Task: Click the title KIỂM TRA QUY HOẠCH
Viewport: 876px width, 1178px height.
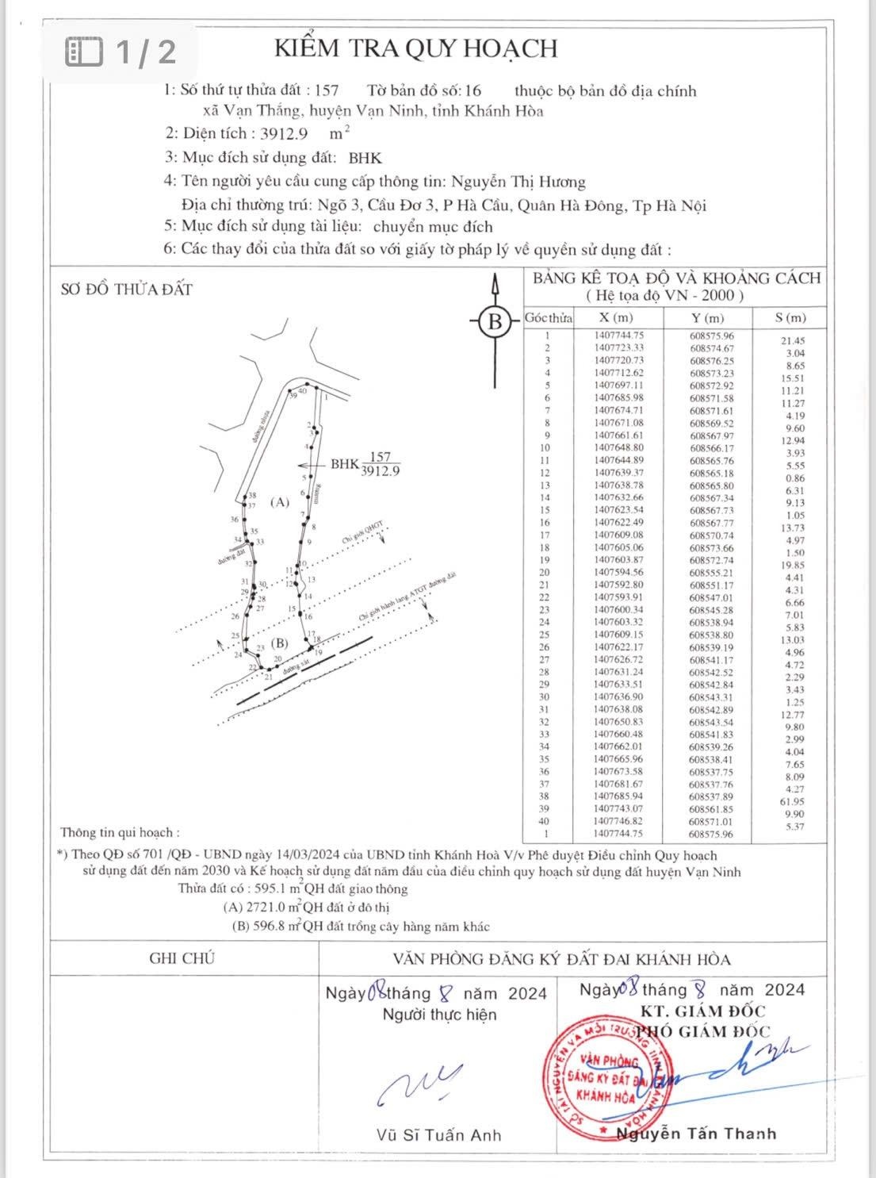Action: (x=415, y=48)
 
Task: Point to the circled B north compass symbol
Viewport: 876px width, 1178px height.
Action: (x=495, y=322)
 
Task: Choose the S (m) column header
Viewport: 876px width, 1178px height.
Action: (x=790, y=318)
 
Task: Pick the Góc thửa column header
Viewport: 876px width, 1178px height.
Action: (x=548, y=318)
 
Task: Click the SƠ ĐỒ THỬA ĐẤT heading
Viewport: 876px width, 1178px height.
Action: (x=127, y=290)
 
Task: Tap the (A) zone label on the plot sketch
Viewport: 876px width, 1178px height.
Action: (x=279, y=502)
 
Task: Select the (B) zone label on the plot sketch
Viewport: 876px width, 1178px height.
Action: (x=278, y=643)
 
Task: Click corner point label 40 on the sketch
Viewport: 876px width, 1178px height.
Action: (x=302, y=391)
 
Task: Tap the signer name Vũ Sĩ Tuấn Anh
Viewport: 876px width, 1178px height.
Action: (x=438, y=1135)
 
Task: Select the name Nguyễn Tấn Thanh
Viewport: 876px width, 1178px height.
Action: (x=697, y=1134)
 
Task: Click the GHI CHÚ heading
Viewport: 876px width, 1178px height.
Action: (x=182, y=958)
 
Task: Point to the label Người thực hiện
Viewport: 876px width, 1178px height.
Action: (x=438, y=1015)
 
